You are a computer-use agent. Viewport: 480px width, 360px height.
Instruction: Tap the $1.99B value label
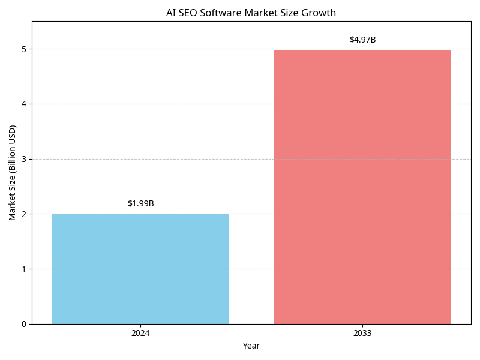point(141,203)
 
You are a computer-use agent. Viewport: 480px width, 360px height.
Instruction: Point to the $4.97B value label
point(362,40)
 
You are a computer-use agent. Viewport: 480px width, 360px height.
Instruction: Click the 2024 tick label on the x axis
point(140,333)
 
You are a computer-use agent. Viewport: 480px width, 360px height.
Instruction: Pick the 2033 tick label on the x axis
point(362,333)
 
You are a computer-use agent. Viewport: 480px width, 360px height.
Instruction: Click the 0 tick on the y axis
point(24,324)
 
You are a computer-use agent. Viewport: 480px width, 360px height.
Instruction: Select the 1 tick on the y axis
point(24,269)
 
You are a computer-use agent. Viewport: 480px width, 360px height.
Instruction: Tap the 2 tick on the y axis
point(24,214)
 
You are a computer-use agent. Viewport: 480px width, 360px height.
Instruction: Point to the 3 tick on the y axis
point(24,159)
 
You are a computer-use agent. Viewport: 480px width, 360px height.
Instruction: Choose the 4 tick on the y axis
point(24,104)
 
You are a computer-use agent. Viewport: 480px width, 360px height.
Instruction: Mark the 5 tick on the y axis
point(24,49)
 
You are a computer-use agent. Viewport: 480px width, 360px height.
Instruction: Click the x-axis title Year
point(251,346)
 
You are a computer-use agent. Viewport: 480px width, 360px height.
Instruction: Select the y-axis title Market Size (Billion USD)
point(13,173)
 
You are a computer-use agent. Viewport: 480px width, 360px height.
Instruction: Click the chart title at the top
point(251,13)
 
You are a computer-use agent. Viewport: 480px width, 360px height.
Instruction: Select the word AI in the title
point(170,13)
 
